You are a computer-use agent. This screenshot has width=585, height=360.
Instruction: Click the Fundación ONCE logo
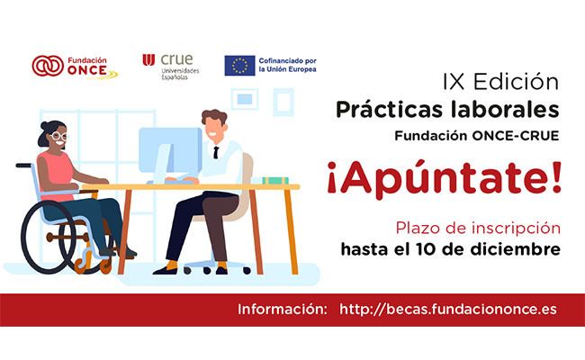pos(75,67)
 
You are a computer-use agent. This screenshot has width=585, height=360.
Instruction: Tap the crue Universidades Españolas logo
pos(171,67)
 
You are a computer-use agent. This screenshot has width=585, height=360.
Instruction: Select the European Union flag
pos(239,66)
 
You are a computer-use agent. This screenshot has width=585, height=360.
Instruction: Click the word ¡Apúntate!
pos(444,180)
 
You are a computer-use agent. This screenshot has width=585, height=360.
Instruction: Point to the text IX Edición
pos(500,82)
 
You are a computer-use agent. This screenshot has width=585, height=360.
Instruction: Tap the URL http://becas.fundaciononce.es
pos(448,310)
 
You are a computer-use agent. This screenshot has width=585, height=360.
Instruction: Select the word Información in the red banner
pos(283,310)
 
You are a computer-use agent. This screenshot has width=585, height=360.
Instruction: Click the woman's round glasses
pos(58,136)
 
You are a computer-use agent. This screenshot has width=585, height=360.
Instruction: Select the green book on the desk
pos(275,181)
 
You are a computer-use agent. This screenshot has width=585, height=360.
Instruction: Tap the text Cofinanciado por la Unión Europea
pos(288,65)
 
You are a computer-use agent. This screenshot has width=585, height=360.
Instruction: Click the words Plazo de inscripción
pos(478,228)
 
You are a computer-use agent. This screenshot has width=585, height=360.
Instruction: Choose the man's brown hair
pos(214,116)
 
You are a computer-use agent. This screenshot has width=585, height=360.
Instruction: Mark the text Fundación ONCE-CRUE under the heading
pos(477,136)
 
